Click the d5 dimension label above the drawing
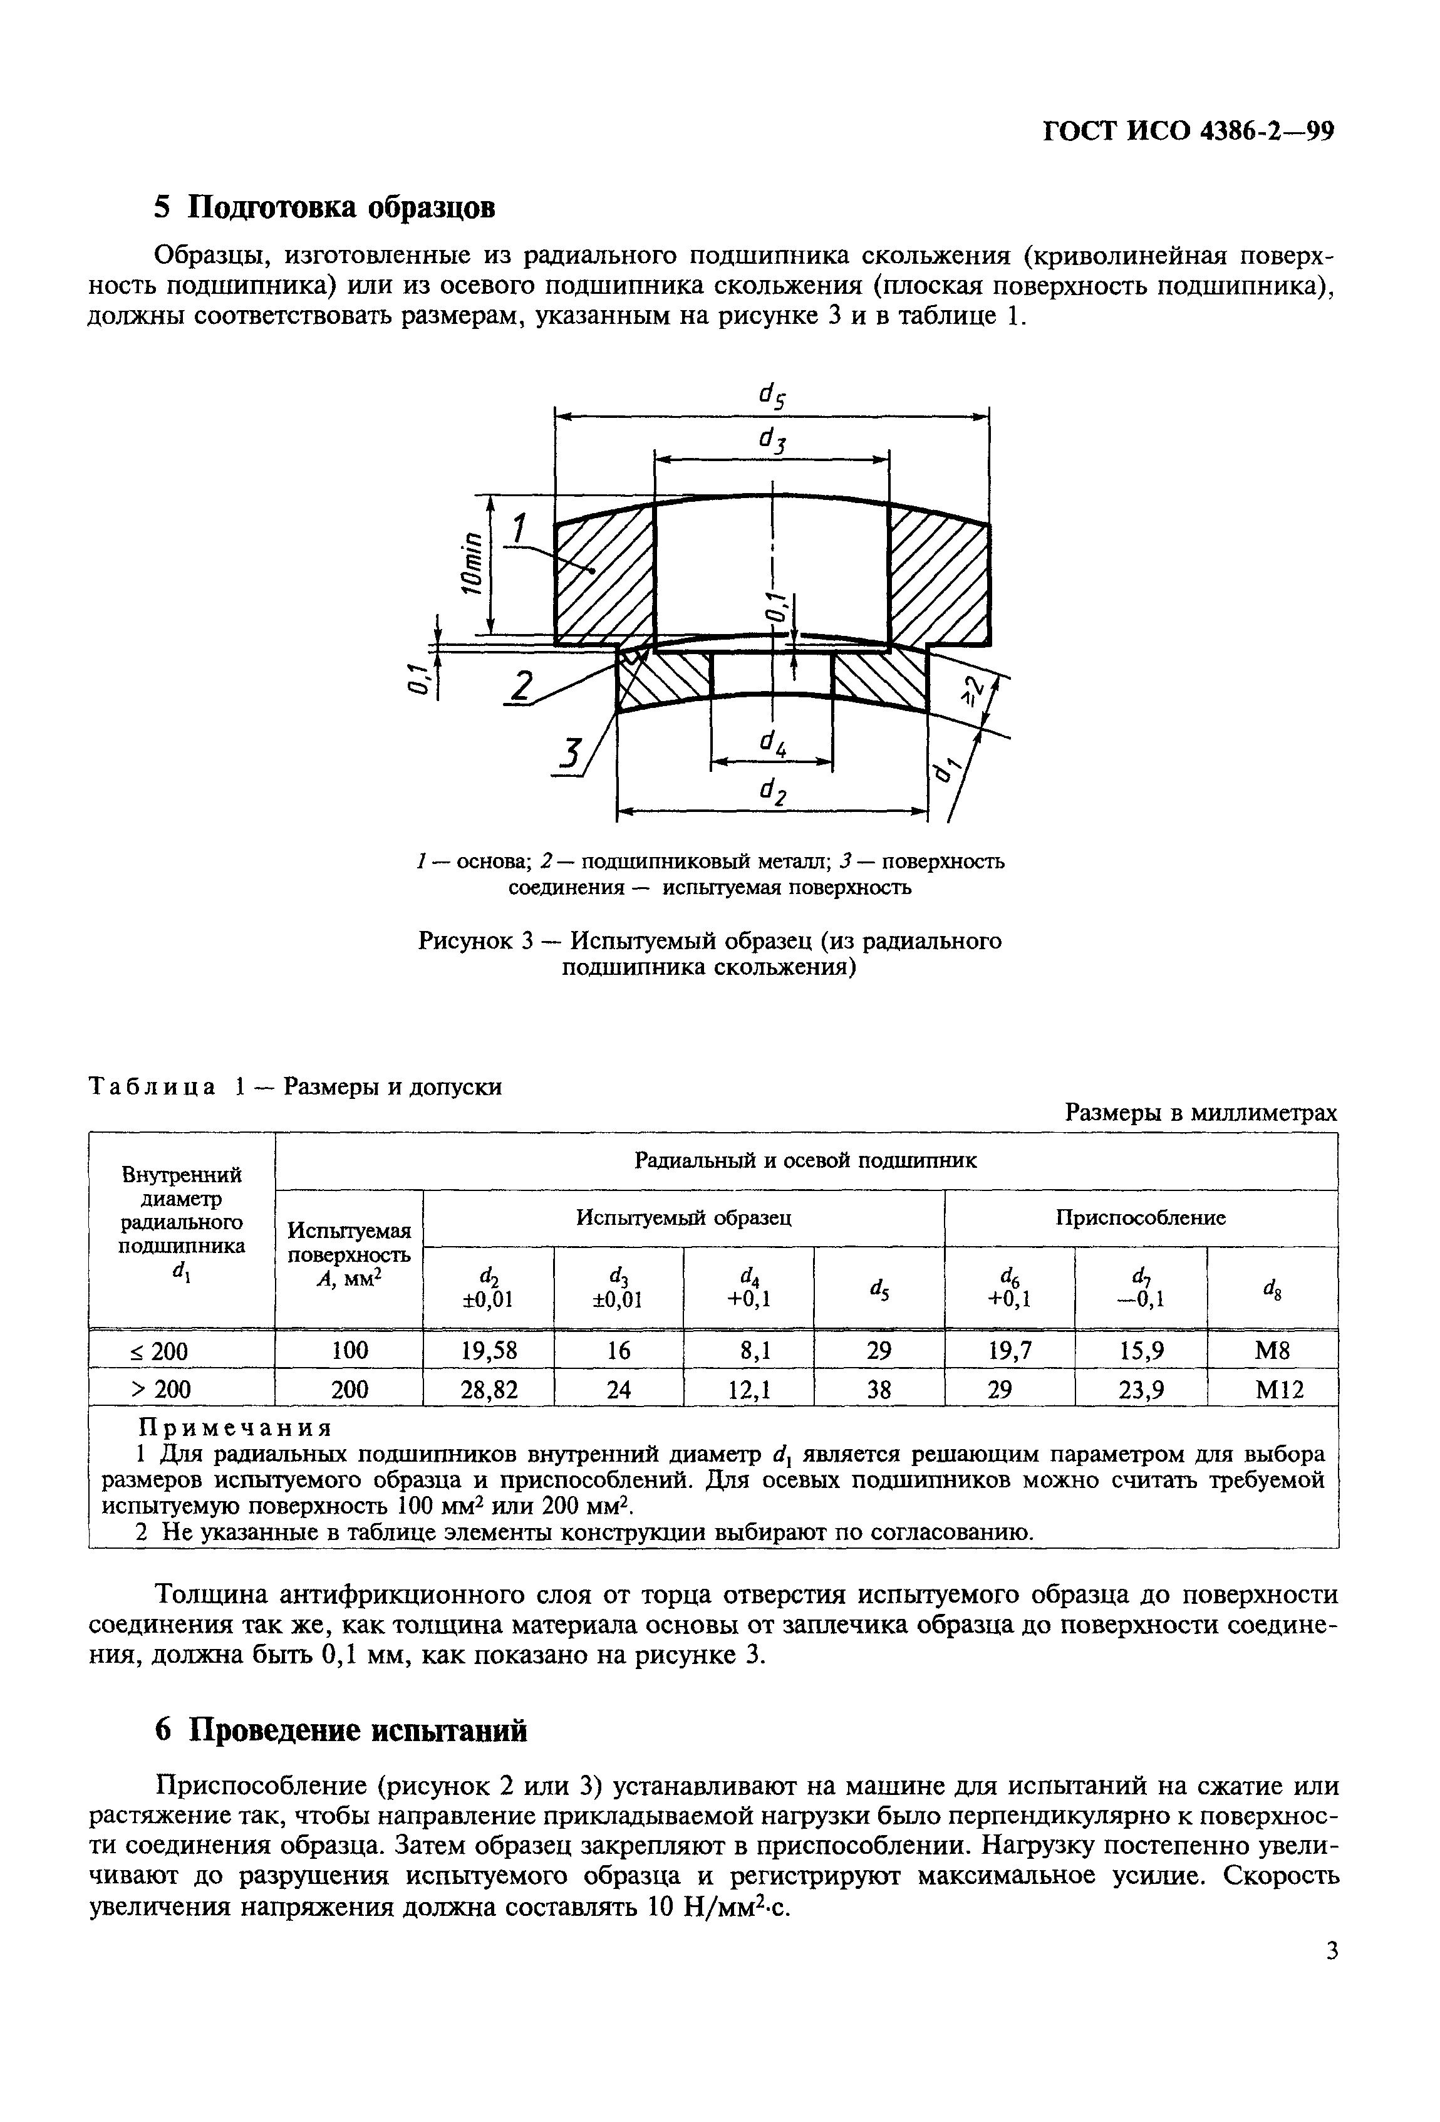tap(772, 395)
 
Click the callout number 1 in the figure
tap(520, 529)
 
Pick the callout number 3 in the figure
tap(570, 756)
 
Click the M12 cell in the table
tap(1272, 1390)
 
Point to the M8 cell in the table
tap(1272, 1350)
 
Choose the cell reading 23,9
tap(1141, 1390)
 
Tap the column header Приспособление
tap(1141, 1218)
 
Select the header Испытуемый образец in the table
tap(683, 1218)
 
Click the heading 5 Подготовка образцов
tap(324, 207)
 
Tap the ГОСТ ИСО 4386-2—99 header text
tap(1189, 132)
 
